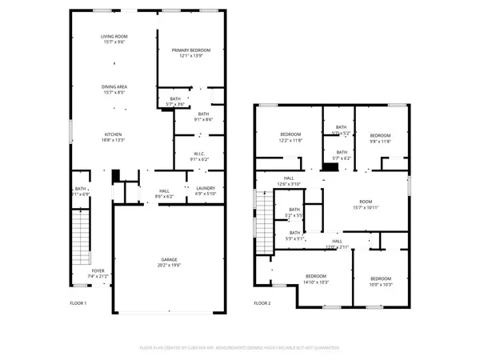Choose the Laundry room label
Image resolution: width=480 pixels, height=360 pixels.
205,190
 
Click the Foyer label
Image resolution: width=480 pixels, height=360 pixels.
98,274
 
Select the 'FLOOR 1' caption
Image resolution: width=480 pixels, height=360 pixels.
78,303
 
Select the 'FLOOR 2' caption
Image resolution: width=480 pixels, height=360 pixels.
262,303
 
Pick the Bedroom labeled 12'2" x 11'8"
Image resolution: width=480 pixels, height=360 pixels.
290,137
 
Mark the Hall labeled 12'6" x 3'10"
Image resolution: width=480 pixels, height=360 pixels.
289,182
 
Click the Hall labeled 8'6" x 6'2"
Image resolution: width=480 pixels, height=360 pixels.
165,194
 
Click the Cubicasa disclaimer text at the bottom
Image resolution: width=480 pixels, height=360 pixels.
239,347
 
